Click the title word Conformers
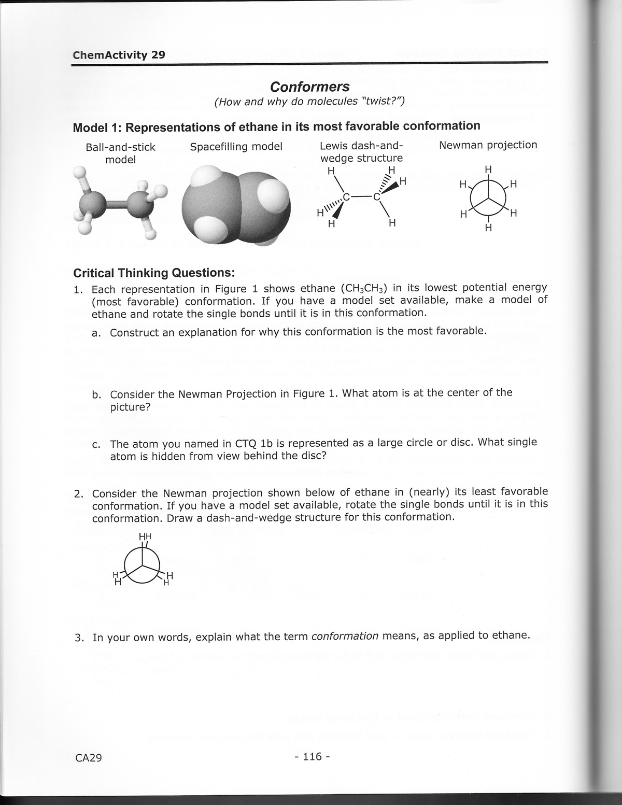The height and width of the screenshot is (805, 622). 310,87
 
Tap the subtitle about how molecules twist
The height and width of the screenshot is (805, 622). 310,101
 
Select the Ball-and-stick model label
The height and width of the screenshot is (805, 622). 120,153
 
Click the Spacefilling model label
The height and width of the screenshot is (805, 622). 236,147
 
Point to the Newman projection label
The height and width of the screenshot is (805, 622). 488,145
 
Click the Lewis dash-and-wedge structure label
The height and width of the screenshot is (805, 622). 361,151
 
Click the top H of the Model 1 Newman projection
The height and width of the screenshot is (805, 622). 487,169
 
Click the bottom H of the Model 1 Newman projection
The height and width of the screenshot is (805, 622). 487,228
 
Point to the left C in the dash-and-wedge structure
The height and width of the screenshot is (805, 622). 347,196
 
